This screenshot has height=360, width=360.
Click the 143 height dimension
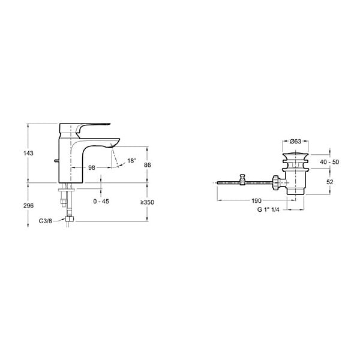28,153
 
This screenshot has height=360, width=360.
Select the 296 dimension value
28,206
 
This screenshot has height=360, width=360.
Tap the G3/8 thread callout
46,221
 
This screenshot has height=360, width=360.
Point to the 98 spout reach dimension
92,168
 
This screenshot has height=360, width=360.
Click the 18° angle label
132,161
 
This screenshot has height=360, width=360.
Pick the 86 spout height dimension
148,165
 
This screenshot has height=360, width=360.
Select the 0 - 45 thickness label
101,202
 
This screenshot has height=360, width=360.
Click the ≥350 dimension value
148,202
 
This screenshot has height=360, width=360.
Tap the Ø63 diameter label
295,142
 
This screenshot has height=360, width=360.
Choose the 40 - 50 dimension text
329,162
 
